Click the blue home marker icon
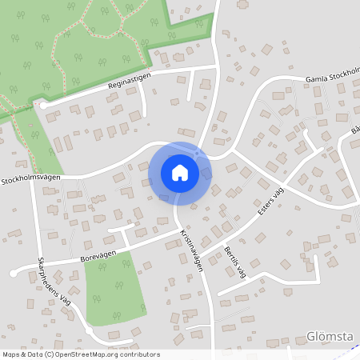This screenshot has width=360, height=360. click(180, 173)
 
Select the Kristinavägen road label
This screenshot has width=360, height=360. click(192, 248)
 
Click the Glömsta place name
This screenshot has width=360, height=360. click(330, 337)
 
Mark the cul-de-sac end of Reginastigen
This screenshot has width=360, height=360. click(44, 105)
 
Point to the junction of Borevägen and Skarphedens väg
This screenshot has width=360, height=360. click(38, 264)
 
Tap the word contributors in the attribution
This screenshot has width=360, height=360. click(137, 354)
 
